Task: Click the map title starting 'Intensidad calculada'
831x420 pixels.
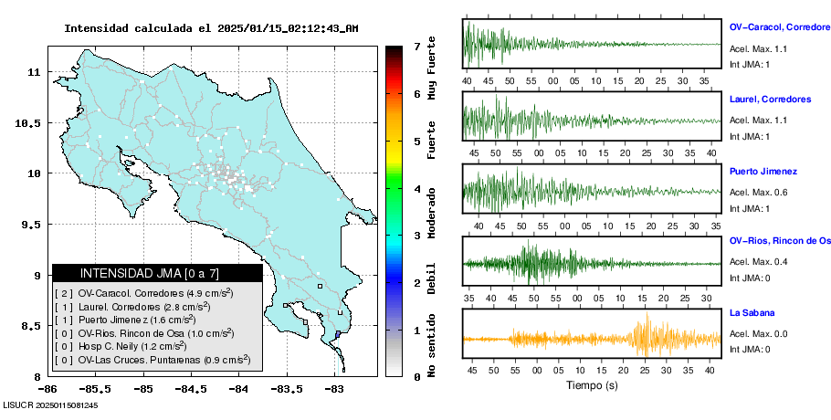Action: [211, 28]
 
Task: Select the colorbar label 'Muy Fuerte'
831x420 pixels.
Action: [432, 72]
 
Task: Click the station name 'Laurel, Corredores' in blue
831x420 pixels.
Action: [771, 99]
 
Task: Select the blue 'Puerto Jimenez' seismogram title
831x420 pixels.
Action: [763, 171]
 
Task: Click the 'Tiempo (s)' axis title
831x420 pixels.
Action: [592, 386]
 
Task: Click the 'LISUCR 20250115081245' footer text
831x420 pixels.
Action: [51, 404]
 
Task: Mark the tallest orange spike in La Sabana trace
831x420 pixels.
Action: [647, 333]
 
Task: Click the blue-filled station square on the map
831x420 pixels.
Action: [337, 335]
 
